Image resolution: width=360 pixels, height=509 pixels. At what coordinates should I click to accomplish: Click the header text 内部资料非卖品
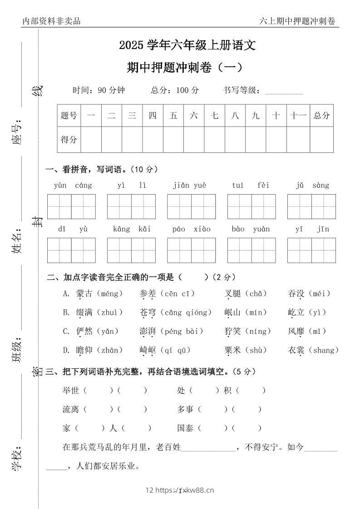pos(51,21)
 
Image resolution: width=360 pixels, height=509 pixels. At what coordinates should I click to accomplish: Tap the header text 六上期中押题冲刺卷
pos(297,21)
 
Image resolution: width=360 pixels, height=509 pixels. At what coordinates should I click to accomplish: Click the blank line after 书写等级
pos(283,91)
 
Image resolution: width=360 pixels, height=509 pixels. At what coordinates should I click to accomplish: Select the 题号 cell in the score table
pos(69,115)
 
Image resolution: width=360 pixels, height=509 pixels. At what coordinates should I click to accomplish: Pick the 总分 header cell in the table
pos(321,115)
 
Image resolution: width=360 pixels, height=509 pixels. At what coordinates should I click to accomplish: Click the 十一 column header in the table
pos(298,115)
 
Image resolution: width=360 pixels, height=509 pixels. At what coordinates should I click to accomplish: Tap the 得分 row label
pos(69,140)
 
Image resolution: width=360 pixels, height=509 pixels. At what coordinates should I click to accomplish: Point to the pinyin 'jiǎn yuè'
pos(189,185)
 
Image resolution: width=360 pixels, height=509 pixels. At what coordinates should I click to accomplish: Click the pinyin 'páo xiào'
pos(191,229)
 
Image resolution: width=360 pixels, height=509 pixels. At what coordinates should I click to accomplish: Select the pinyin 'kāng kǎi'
pos(132,229)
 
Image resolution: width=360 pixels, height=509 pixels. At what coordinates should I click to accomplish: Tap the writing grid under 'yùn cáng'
pos(71,206)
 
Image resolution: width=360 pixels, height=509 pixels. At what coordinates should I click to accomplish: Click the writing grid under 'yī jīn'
pos(311,250)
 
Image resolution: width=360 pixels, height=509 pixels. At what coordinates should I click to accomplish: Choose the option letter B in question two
pos(66,313)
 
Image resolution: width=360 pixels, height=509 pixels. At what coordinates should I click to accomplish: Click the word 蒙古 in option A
pos(84,294)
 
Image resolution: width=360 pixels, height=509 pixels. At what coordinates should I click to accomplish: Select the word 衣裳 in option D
pos(296,350)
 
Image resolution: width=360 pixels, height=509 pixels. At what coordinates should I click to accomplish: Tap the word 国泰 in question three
pos(186,428)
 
